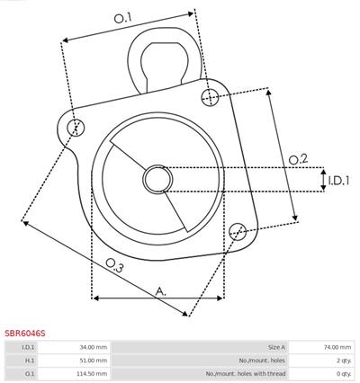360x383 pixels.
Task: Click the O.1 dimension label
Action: (x=123, y=18)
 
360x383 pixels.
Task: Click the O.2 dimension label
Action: (x=299, y=159)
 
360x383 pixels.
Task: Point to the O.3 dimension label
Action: (x=115, y=265)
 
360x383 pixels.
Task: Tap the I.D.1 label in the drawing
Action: (x=338, y=180)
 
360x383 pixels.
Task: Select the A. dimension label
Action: (x=161, y=291)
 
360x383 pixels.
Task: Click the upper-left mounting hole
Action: (x=76, y=127)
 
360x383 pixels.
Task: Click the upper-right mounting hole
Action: (x=210, y=97)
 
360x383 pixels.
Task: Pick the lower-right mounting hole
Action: (x=238, y=231)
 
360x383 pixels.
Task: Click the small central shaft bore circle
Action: (x=157, y=179)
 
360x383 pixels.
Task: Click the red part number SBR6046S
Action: (x=24, y=334)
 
